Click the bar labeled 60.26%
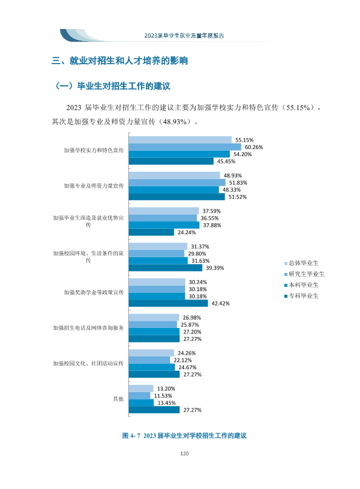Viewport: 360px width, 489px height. [x=185, y=147]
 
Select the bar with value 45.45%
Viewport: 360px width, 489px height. [x=171, y=161]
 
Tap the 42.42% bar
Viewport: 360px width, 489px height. [x=168, y=303]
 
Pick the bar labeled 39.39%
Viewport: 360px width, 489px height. [x=166, y=267]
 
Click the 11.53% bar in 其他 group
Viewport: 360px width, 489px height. [x=139, y=395]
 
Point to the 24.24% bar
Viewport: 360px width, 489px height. [x=151, y=232]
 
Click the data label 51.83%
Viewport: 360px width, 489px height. [x=238, y=183]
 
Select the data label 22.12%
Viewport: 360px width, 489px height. [x=183, y=360]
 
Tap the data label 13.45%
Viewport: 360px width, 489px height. [x=166, y=403]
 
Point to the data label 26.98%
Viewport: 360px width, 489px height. [x=192, y=318]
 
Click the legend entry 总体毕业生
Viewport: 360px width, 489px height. [x=301, y=263]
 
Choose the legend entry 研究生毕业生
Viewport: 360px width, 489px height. [x=304, y=274]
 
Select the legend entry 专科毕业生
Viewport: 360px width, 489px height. [x=301, y=296]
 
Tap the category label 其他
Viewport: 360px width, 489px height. [x=118, y=399]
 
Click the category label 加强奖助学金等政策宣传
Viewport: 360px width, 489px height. [x=94, y=292]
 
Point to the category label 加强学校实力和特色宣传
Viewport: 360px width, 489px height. [x=94, y=150]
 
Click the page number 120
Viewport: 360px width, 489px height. [x=185, y=453]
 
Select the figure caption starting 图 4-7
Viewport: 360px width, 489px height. [x=185, y=436]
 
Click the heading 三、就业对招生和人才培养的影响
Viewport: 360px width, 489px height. [x=120, y=61]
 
